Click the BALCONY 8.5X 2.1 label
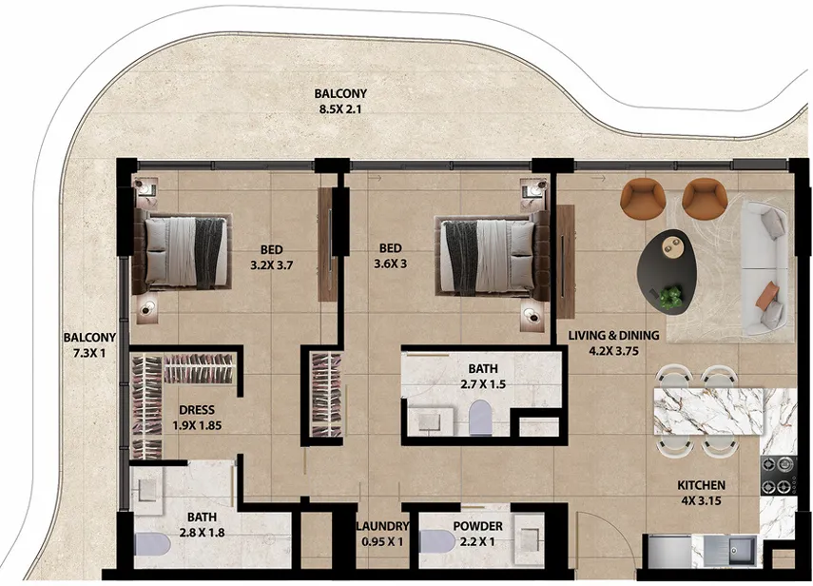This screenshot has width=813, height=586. [340, 101]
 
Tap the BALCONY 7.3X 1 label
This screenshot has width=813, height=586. [89, 345]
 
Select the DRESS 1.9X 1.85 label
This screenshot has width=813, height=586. [197, 418]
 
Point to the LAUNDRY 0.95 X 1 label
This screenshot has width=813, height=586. [382, 534]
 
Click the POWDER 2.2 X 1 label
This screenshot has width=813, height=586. [477, 534]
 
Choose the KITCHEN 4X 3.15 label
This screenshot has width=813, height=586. [701, 493]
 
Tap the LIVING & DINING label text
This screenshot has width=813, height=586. [613, 336]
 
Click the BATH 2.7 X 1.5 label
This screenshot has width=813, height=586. [483, 376]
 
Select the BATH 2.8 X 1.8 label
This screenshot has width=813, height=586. [202, 524]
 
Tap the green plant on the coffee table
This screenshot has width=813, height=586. [671, 298]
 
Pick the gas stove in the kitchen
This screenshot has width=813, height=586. [778, 475]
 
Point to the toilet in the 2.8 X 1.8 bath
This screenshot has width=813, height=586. [152, 544]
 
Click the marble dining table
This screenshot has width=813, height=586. [708, 411]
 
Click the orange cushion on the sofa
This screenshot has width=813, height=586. [767, 295]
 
